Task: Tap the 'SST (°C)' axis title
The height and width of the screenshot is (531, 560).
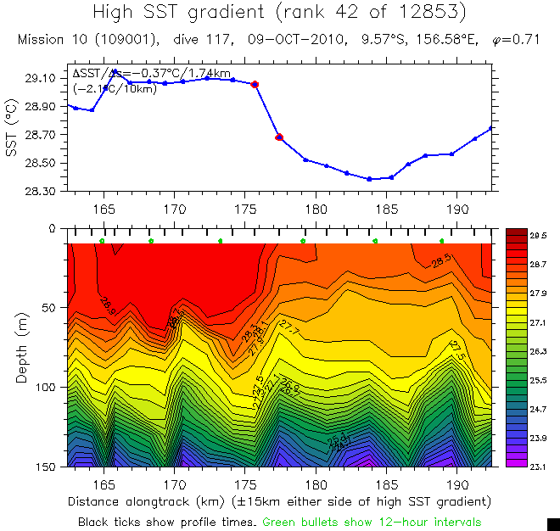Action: tap(12, 134)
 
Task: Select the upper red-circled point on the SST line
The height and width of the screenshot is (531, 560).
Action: tap(255, 84)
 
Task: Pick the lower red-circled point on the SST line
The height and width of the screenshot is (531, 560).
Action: tap(279, 137)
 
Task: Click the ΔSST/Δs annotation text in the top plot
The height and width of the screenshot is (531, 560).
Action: tap(151, 75)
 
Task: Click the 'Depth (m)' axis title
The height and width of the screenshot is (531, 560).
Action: tap(22, 347)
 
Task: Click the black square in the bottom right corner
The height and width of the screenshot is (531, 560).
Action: tap(553, 524)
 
